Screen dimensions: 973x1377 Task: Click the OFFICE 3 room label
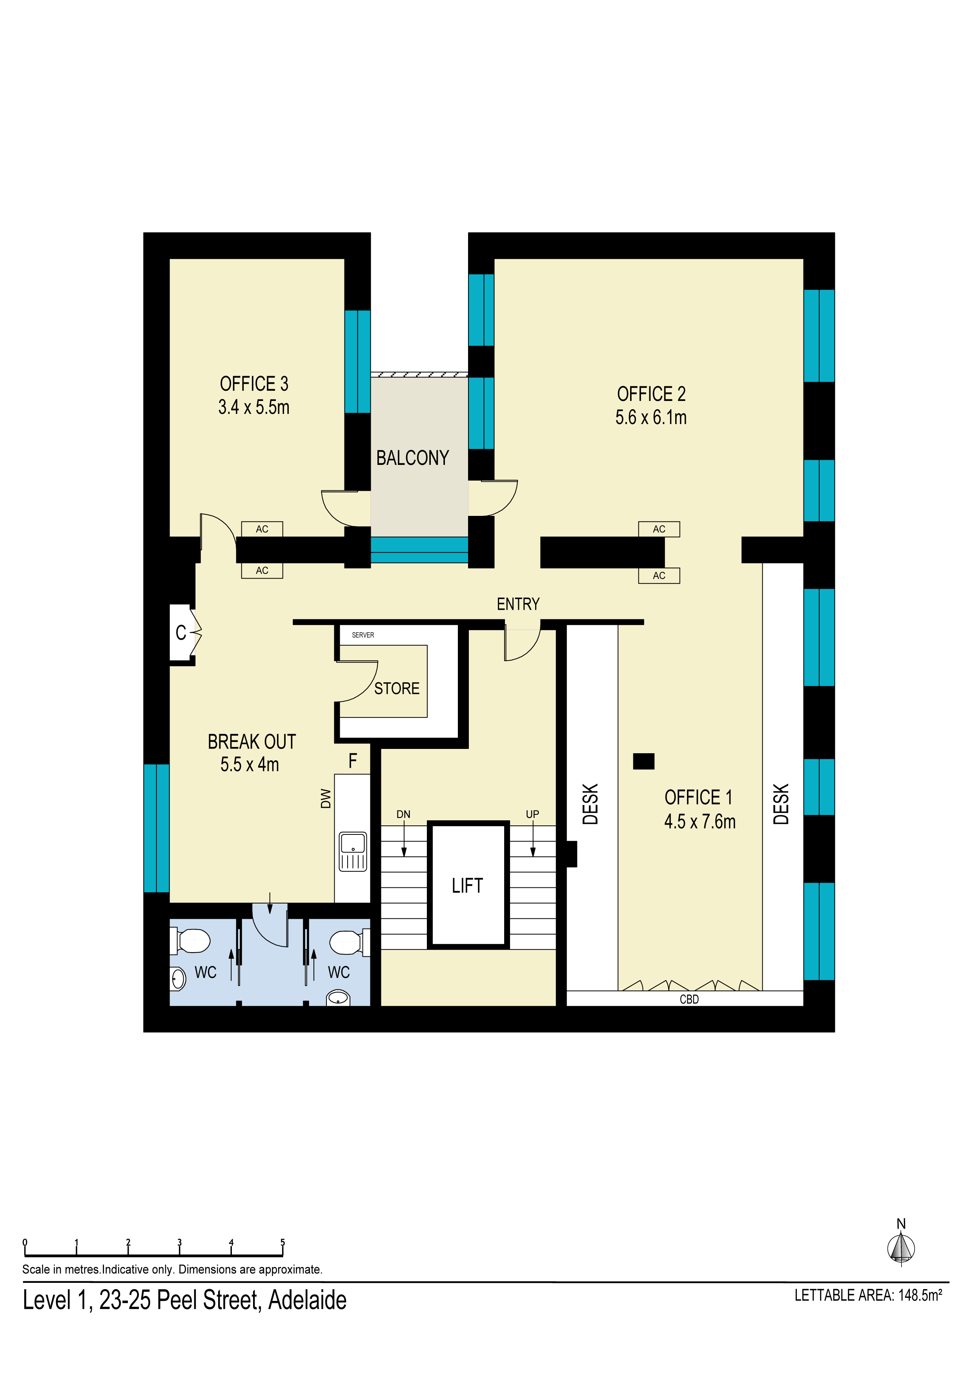click(254, 384)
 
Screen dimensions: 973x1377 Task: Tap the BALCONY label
click(413, 458)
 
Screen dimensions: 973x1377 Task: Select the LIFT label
click(467, 886)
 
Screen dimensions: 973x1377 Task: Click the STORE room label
click(397, 688)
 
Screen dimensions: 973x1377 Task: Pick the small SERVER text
click(363, 635)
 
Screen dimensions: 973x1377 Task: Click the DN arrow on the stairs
click(404, 838)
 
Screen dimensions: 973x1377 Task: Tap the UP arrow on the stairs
click(533, 838)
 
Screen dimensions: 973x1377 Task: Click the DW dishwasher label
click(326, 798)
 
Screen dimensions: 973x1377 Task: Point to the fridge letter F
click(353, 761)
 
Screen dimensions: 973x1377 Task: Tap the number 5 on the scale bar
click(282, 1242)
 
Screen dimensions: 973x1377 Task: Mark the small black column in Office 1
click(644, 761)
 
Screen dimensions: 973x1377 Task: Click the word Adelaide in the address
click(307, 1300)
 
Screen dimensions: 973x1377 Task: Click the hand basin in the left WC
click(178, 979)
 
